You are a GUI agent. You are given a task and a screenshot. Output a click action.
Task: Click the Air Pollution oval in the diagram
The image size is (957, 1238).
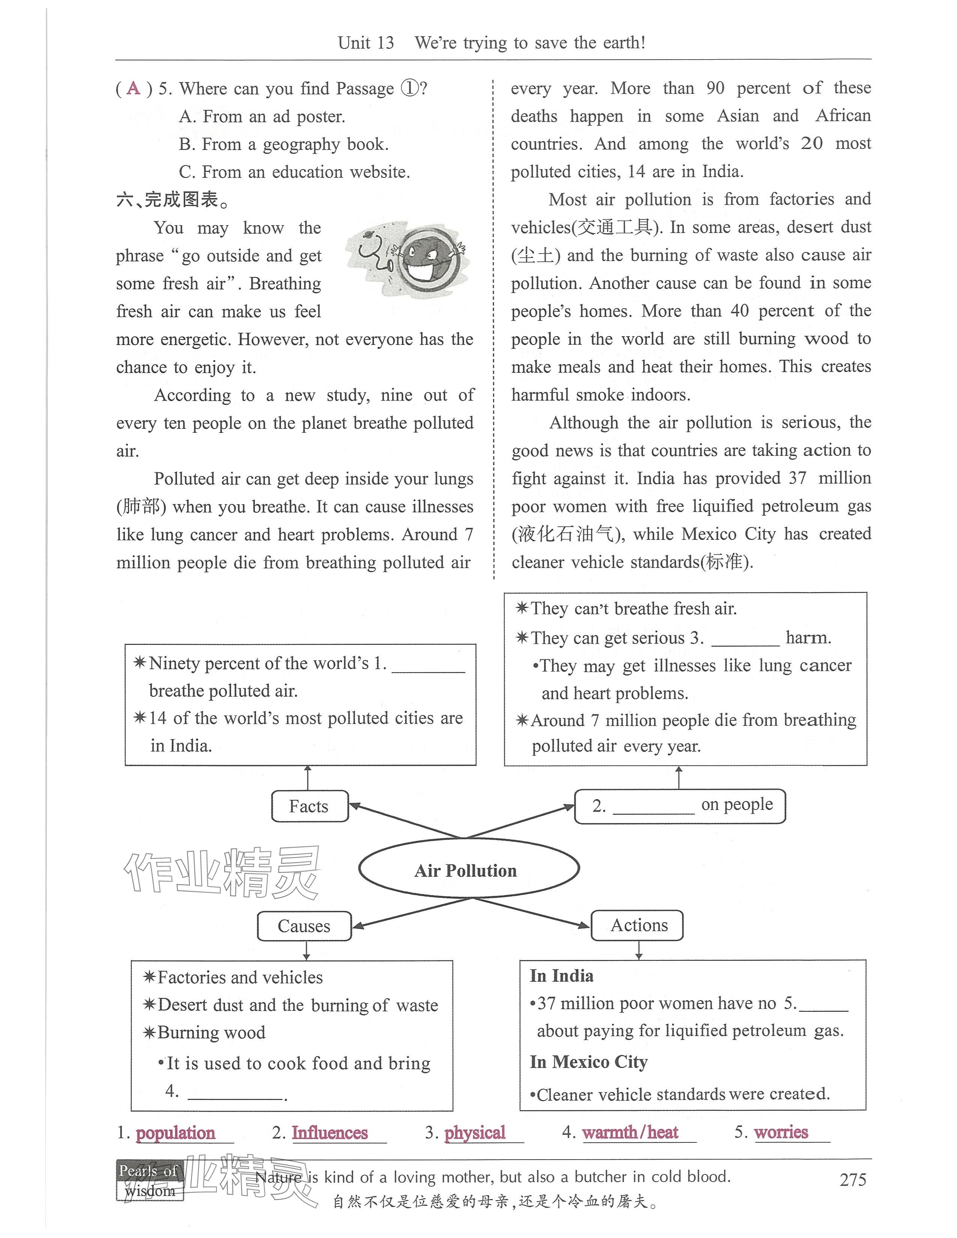point(468,870)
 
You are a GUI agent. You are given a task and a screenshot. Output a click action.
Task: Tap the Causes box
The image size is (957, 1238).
point(304,925)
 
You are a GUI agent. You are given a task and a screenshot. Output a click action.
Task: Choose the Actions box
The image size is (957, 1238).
point(637,925)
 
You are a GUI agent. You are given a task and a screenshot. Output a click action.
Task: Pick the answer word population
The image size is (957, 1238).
point(175,1133)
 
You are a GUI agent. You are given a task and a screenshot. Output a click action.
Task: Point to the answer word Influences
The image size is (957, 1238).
point(330,1133)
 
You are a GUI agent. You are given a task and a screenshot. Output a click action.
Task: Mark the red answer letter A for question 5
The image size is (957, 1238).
point(134,89)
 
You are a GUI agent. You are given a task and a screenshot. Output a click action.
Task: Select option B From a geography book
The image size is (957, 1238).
point(283,144)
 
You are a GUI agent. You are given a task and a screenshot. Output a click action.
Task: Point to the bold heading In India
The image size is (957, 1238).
point(561,975)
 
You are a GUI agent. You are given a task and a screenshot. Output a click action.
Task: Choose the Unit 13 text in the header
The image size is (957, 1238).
point(366,43)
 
